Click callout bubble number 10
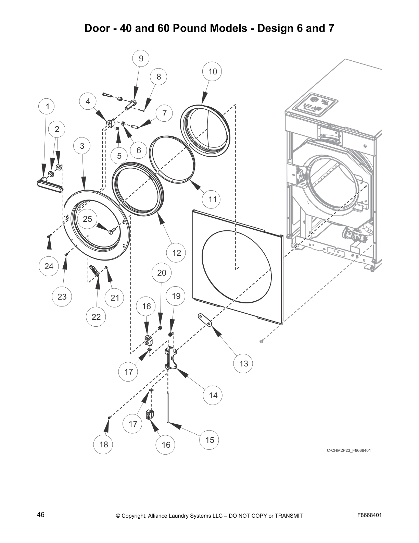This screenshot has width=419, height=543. [x=212, y=71]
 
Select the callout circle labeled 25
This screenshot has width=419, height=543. [x=87, y=219]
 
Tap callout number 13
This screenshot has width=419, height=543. [x=243, y=363]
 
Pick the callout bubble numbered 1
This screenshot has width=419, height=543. [x=48, y=106]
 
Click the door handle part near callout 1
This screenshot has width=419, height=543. [x=49, y=184]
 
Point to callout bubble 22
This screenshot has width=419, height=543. [x=96, y=317]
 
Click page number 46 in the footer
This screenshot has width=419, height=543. [x=41, y=515]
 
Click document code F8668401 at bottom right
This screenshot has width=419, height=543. [x=369, y=515]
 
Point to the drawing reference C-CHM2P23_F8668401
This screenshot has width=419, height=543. [x=348, y=450]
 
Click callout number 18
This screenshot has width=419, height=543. [x=103, y=444]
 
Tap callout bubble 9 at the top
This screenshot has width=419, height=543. [x=141, y=59]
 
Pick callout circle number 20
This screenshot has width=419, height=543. [x=162, y=273]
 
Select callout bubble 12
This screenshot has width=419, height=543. [x=176, y=253]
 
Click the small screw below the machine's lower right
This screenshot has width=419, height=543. [x=262, y=341]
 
